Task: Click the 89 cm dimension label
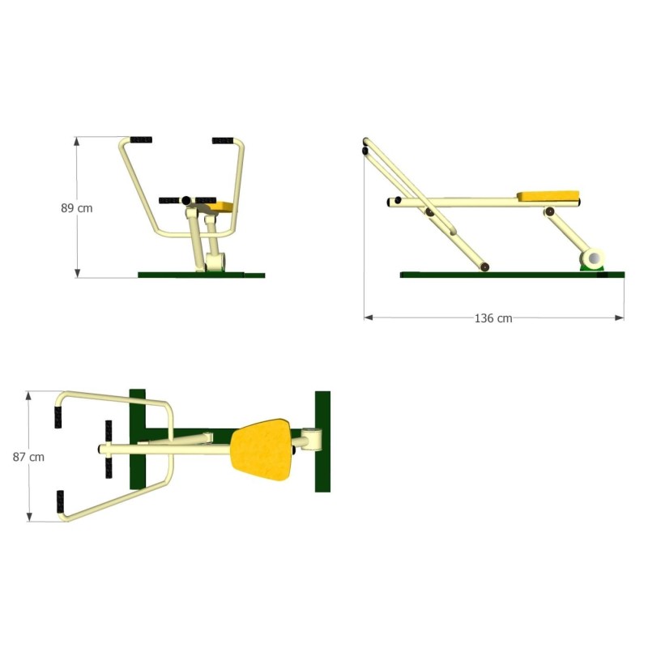[x=77, y=208]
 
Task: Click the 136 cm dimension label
[x=493, y=318]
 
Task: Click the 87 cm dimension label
[x=28, y=457]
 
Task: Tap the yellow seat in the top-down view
[x=261, y=450]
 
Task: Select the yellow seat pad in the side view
[x=548, y=195]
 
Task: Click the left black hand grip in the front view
[x=141, y=139]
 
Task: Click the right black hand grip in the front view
[x=223, y=140]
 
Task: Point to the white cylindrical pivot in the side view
[x=593, y=258]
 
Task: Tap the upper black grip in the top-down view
[x=58, y=417]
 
